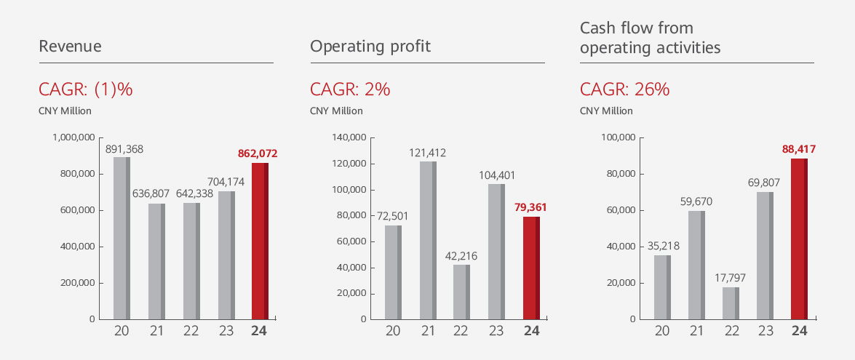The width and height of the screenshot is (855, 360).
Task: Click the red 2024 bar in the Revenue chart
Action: pyautogui.click(x=260, y=241)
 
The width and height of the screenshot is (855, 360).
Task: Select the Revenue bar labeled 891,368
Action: pyautogui.click(x=122, y=238)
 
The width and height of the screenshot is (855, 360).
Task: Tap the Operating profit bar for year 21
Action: pyautogui.click(x=429, y=240)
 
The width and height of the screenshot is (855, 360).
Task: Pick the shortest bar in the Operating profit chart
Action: pyautogui.click(x=461, y=292)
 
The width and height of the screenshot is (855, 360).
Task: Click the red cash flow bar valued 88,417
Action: pyautogui.click(x=799, y=239)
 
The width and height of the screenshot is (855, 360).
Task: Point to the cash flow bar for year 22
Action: pyautogui.click(x=731, y=303)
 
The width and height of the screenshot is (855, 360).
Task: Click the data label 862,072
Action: pyautogui.click(x=258, y=153)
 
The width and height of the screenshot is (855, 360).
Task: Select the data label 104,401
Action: pyautogui.click(x=496, y=175)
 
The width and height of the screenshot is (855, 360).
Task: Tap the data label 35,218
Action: pyautogui.click(x=661, y=246)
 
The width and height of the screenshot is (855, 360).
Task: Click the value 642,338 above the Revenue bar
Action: pyautogui.click(x=190, y=194)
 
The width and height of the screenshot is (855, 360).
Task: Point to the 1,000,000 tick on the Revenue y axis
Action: pyautogui.click(x=74, y=137)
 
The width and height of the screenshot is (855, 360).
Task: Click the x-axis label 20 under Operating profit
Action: pyautogui.click(x=393, y=331)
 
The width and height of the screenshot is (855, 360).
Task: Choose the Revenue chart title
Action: pyautogui.click(x=70, y=47)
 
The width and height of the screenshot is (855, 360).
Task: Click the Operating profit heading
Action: pyautogui.click(x=370, y=47)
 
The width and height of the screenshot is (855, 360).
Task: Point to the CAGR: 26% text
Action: pyautogui.click(x=624, y=89)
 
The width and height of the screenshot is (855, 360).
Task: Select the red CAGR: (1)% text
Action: pyautogui.click(x=85, y=89)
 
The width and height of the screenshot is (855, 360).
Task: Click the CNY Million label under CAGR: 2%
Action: pyautogui.click(x=336, y=111)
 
